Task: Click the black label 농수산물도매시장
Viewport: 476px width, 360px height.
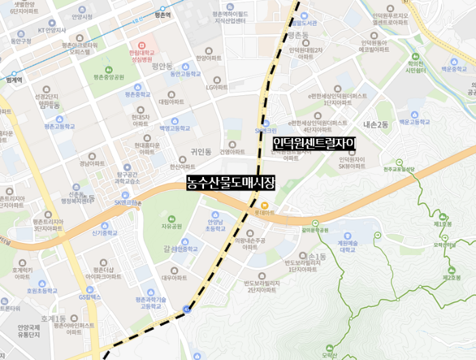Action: tap(232, 182)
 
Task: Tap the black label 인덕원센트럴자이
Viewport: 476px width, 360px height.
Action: tap(314, 144)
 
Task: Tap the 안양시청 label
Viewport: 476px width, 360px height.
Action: tap(82, 16)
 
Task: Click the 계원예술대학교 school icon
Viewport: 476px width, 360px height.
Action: tap(348, 236)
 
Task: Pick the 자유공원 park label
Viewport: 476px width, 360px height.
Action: tap(172, 226)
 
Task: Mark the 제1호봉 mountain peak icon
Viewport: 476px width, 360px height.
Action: tap(443, 216)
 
